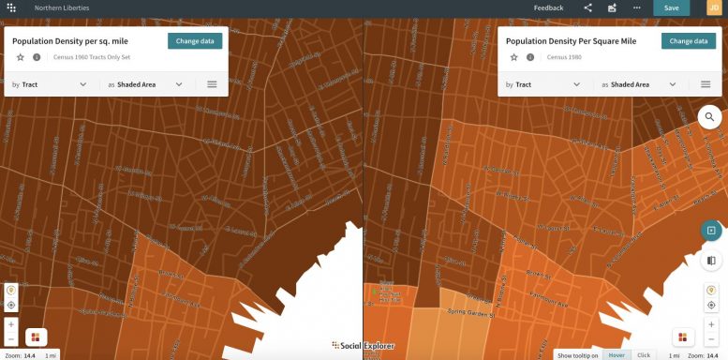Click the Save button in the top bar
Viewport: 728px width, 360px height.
pos(671,7)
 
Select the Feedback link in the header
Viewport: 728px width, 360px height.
pos(548,7)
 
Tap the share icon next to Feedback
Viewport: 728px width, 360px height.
pos(588,7)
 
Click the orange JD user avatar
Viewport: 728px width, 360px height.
pos(714,7)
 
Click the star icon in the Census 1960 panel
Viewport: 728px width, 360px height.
pos(20,57)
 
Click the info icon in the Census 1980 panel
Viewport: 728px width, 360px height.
pos(530,57)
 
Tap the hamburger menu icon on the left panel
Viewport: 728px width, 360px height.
pos(213,84)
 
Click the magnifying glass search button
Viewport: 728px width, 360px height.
pos(710,117)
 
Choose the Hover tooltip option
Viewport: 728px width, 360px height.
pos(617,355)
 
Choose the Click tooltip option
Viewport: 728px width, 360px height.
pos(644,355)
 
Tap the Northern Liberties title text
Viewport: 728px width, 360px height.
pos(55,7)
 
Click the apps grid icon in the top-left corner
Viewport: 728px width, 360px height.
pos(10,7)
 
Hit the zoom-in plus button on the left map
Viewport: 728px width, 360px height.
pos(11,323)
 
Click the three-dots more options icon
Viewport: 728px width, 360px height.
pos(637,7)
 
